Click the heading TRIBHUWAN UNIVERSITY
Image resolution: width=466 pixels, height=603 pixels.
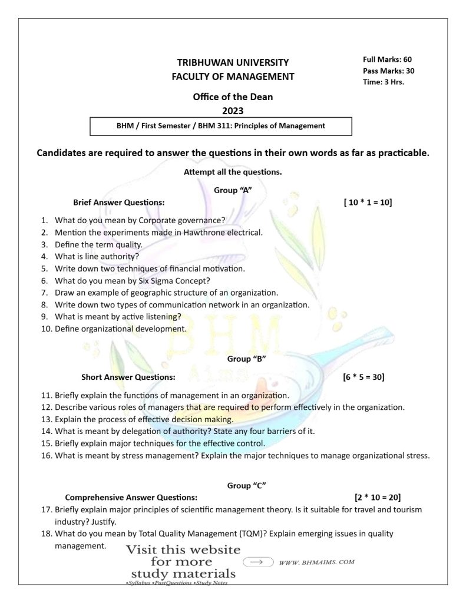tap(233, 62)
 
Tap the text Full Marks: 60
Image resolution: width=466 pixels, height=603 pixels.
tap(387, 59)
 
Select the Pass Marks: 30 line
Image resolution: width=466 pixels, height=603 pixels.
tap(388, 71)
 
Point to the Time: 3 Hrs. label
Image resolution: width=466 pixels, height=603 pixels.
tap(383, 82)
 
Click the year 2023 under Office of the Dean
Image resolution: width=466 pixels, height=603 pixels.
tap(233, 110)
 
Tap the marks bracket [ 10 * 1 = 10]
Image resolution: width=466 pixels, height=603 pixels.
tap(368, 203)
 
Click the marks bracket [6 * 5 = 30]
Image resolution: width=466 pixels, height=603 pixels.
tap(363, 376)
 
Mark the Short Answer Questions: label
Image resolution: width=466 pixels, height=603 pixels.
tap(128, 376)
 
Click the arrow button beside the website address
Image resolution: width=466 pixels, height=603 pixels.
tap(257, 562)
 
